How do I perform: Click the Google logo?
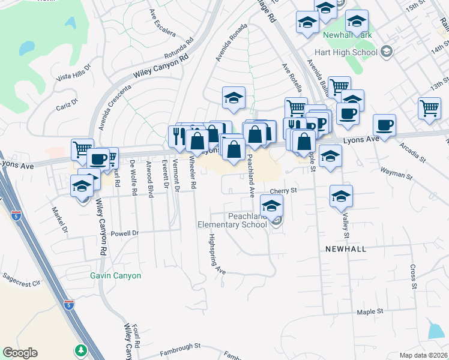[20, 353]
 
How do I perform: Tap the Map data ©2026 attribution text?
[423, 355]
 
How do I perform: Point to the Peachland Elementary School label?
[233, 220]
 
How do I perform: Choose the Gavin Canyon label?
[115, 276]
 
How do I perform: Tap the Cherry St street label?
[283, 191]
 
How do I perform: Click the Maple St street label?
[369, 312]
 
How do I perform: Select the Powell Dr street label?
[125, 233]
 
